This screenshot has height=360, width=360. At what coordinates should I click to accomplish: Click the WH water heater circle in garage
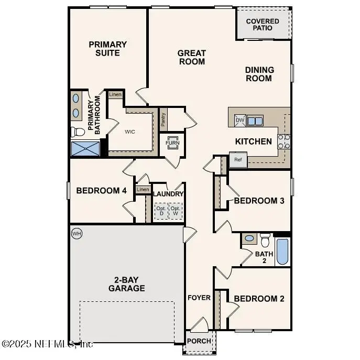coord(77,233)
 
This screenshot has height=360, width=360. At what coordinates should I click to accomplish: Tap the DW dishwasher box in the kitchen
coord(240,121)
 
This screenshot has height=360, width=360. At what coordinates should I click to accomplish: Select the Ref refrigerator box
coord(238,160)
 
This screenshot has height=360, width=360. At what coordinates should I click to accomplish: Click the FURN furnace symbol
coord(172,143)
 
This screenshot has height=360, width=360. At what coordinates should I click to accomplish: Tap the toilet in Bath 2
coord(265,240)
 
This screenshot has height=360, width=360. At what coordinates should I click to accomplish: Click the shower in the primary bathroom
coord(85,148)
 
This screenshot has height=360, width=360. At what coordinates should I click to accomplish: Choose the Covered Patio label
coord(263,25)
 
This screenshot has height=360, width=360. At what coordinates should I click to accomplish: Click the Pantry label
coord(163,121)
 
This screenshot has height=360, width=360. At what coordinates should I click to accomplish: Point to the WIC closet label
coord(130,132)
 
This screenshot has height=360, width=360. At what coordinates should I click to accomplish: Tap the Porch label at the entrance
coord(199,341)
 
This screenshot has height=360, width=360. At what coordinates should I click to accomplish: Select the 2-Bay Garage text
coord(127,284)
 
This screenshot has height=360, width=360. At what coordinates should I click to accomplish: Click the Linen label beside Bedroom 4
coord(143,190)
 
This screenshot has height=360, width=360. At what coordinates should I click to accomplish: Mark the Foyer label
coord(199,298)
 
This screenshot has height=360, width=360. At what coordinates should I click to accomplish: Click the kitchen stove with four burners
coord(283,141)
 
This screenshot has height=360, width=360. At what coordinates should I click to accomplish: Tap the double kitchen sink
coord(255,121)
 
